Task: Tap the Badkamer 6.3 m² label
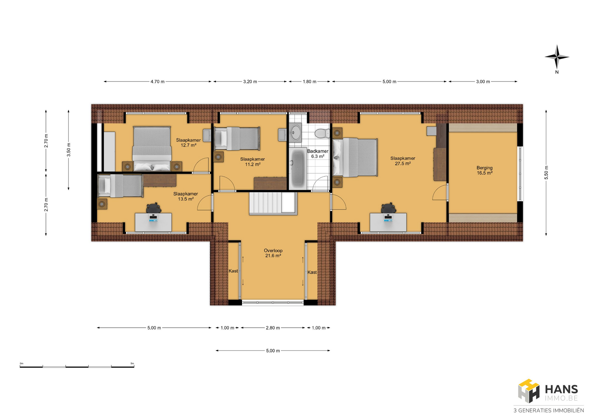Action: click(318, 154)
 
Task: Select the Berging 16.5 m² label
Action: click(484, 170)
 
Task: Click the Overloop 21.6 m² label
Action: click(273, 253)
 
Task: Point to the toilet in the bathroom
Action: click(322, 133)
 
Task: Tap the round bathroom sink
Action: click(296, 132)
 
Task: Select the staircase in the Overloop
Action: click(273, 203)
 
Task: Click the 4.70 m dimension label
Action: click(158, 82)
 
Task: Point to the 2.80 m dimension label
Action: click(273, 328)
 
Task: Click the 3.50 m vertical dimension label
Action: click(69, 150)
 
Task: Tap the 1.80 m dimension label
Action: click(310, 82)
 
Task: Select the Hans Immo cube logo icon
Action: click(528, 391)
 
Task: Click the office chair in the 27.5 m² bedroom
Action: click(388, 208)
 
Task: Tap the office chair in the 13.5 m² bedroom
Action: click(154, 208)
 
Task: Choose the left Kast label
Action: click(233, 271)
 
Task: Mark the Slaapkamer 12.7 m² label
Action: click(188, 143)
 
